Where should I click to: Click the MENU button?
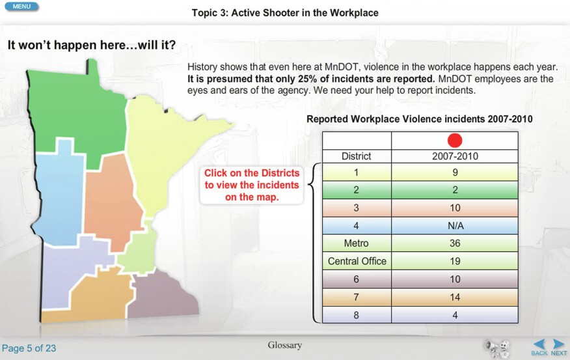click(x=21, y=7)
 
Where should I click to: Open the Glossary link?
click(x=284, y=345)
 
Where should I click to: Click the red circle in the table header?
click(x=455, y=141)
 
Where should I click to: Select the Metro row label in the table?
click(x=357, y=243)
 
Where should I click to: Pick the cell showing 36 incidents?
click(x=455, y=243)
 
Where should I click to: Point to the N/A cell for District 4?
click(x=455, y=225)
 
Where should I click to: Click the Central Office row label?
click(x=357, y=261)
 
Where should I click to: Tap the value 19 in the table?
click(x=455, y=261)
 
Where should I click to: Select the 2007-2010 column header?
click(x=455, y=156)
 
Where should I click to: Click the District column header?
click(x=357, y=156)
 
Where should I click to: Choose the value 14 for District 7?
click(x=455, y=297)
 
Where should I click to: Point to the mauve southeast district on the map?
click(x=160, y=294)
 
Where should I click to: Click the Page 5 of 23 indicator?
click(x=29, y=348)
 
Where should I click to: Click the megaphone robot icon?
click(x=496, y=348)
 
